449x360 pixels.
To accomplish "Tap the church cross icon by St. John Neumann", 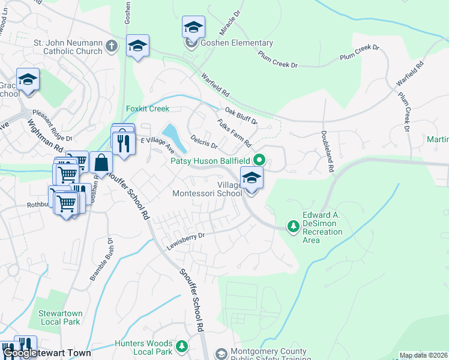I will click(111, 46).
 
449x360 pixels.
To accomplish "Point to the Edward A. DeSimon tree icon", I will click(293, 226).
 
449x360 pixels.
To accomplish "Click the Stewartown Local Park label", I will click(59, 317).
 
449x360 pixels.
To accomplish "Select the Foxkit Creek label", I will click(148, 109).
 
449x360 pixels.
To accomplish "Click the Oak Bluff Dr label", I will click(241, 115).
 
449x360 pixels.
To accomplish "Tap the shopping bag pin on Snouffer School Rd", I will click(101, 163).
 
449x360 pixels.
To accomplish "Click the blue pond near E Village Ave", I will click(170, 132).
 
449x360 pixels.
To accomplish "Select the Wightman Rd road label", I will click(46, 135).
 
